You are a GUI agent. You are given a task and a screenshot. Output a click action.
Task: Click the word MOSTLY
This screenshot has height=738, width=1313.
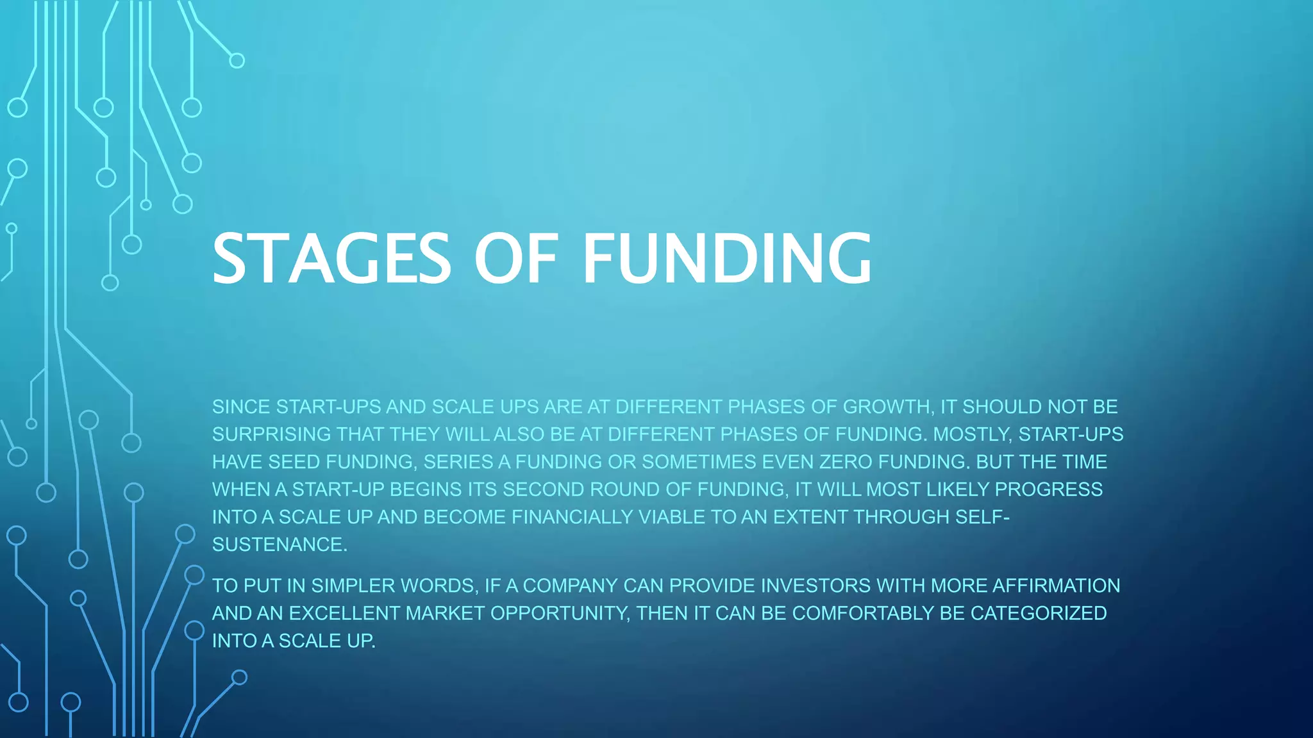(972, 434)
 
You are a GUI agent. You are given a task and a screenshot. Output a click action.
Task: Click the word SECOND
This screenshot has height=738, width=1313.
(543, 489)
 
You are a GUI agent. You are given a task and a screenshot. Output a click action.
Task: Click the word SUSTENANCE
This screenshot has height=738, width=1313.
(280, 545)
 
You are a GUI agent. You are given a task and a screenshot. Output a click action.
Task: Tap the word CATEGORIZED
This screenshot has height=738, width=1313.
(1039, 613)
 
